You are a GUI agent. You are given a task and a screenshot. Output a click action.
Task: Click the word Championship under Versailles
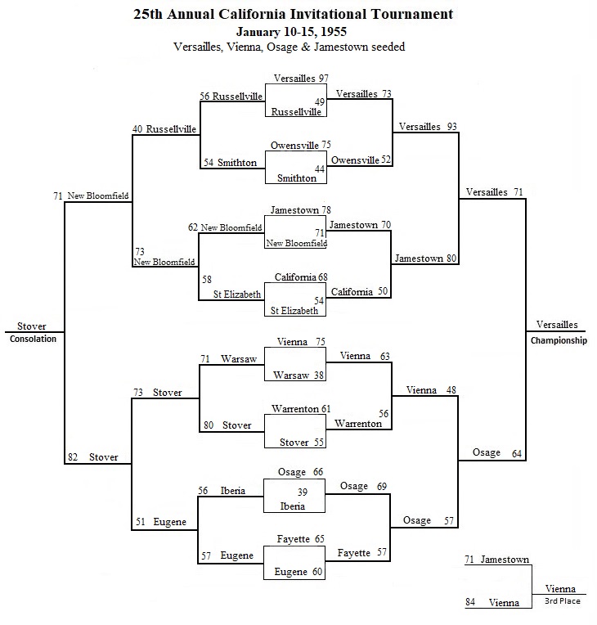(559, 340)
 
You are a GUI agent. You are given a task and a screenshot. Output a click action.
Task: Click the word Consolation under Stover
(33, 339)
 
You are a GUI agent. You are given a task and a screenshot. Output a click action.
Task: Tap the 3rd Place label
(563, 601)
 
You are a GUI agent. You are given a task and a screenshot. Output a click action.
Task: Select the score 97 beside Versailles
(323, 79)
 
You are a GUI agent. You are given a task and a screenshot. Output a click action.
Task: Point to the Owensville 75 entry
(300, 145)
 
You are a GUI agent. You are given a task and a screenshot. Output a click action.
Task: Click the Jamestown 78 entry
(300, 210)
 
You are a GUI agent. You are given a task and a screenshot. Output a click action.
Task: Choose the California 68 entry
(301, 277)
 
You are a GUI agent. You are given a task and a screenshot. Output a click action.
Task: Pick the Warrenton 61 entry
(301, 409)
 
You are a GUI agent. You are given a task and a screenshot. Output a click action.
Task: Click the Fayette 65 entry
(300, 539)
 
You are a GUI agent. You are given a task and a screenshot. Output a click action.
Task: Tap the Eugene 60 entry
(298, 572)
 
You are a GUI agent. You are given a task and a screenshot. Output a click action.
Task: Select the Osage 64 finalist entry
(497, 453)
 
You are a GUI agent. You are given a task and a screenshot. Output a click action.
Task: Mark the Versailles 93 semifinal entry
(428, 127)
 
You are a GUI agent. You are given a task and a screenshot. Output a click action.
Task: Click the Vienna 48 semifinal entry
(431, 390)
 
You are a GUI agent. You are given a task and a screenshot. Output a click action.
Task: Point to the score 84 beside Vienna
(470, 602)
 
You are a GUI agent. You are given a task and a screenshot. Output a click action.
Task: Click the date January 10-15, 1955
(291, 31)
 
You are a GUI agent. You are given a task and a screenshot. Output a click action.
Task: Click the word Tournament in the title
(412, 15)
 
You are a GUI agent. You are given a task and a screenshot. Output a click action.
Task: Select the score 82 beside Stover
(73, 457)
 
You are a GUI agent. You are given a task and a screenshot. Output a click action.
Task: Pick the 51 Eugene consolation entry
(161, 522)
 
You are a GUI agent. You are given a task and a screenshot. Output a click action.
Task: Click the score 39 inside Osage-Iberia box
(303, 492)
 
